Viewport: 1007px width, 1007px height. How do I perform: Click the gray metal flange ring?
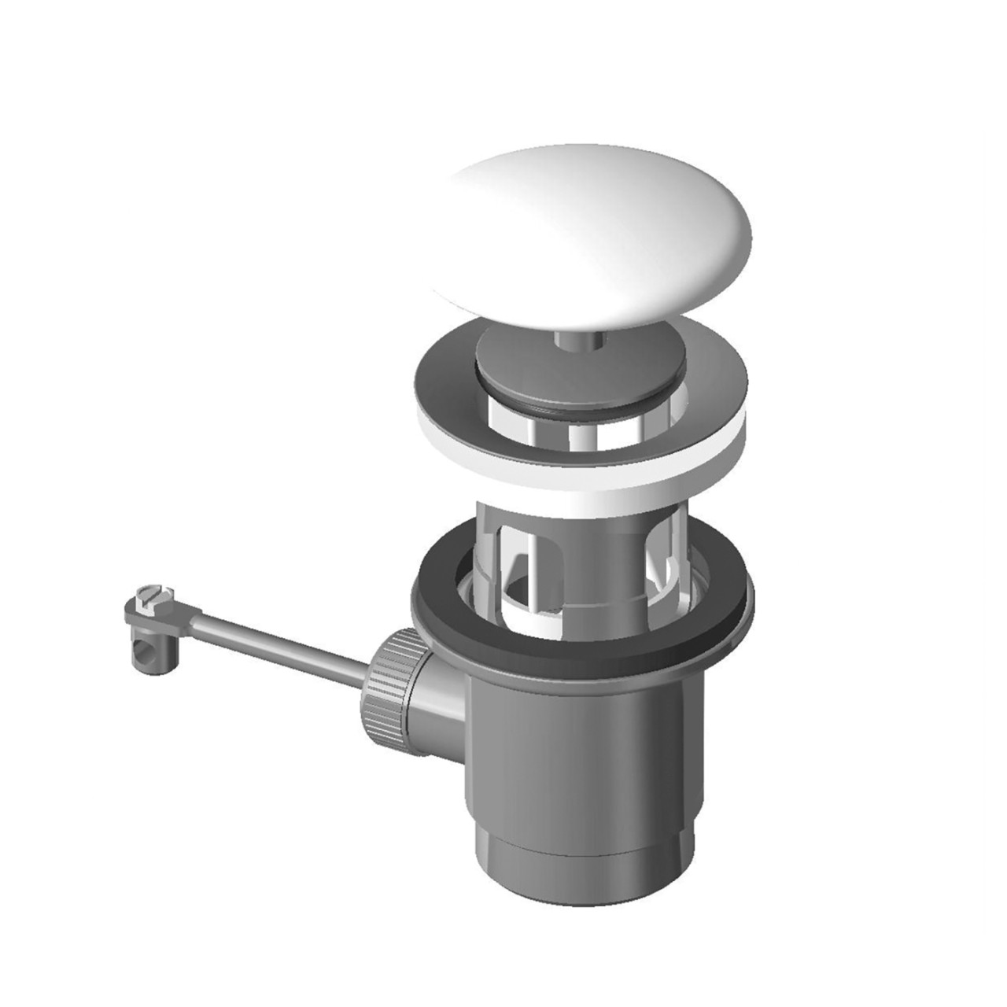(x=441, y=378)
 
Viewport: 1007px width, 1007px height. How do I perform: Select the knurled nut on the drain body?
(x=385, y=677)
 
